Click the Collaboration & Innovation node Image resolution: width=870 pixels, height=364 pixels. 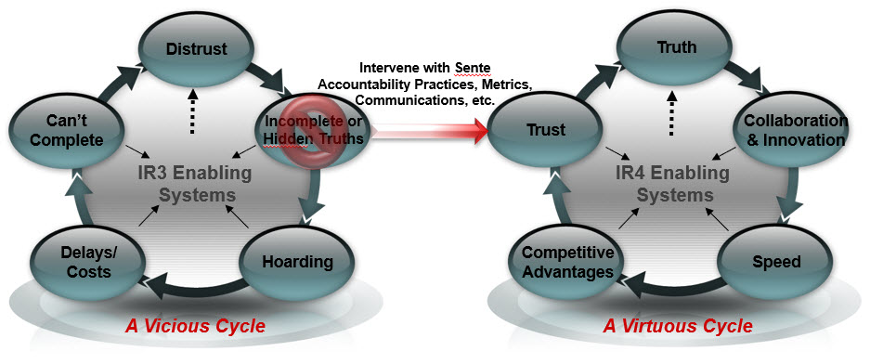click(x=795, y=131)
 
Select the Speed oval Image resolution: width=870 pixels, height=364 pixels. click(x=777, y=262)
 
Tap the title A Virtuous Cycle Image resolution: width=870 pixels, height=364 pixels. click(x=678, y=327)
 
